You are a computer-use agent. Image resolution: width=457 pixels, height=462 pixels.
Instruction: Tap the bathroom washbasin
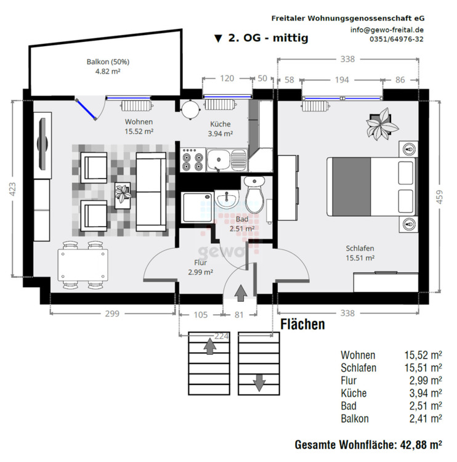click(227, 198)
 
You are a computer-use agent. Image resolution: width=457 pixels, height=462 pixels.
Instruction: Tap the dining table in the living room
click(83, 265)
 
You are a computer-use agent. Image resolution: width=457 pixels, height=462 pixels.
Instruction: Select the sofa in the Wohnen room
click(150, 191)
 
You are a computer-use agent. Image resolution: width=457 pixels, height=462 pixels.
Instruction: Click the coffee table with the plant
click(123, 194)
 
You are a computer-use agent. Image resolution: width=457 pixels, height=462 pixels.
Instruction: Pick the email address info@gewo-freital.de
click(387, 30)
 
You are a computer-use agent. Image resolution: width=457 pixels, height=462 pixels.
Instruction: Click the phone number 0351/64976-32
click(396, 39)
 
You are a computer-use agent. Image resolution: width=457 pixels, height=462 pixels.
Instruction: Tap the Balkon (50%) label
click(108, 62)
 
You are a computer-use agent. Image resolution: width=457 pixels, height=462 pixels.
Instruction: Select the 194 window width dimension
click(342, 79)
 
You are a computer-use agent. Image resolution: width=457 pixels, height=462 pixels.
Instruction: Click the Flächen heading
click(302, 325)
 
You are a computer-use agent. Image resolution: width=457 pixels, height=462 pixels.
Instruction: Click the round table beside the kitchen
click(190, 110)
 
